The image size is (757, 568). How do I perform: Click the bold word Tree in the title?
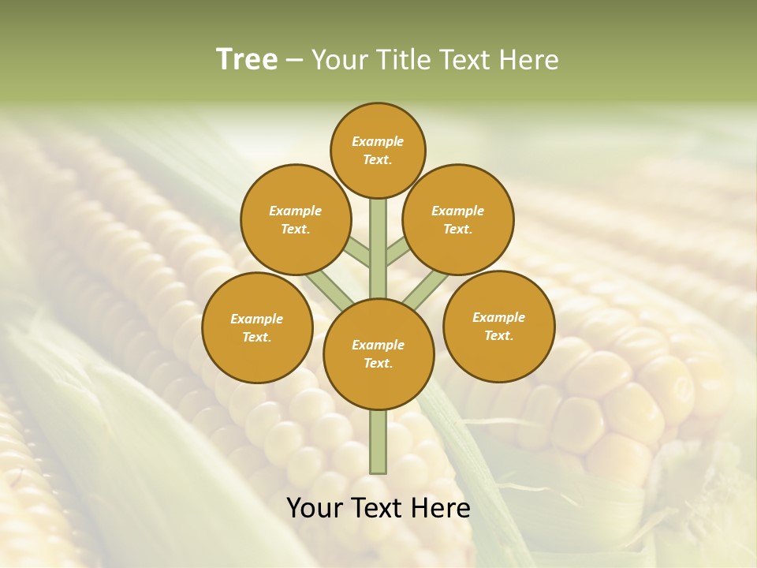[x=247, y=60]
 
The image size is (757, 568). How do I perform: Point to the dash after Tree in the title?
[x=295, y=61]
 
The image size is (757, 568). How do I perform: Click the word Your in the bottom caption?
[x=315, y=508]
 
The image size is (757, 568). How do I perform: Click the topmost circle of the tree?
[x=378, y=150]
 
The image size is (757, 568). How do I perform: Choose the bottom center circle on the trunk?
[x=378, y=354]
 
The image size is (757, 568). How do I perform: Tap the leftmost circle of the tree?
[x=257, y=328]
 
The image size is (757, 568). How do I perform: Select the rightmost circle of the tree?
[x=499, y=326]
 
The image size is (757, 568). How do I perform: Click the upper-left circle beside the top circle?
[x=296, y=219]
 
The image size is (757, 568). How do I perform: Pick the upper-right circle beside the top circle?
[x=458, y=219]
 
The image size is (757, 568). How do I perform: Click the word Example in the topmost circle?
[x=378, y=142]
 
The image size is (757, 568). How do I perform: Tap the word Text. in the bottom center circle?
[x=378, y=364]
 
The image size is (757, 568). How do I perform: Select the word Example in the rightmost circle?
[x=498, y=318]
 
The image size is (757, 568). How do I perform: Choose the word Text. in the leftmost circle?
[x=256, y=338]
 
